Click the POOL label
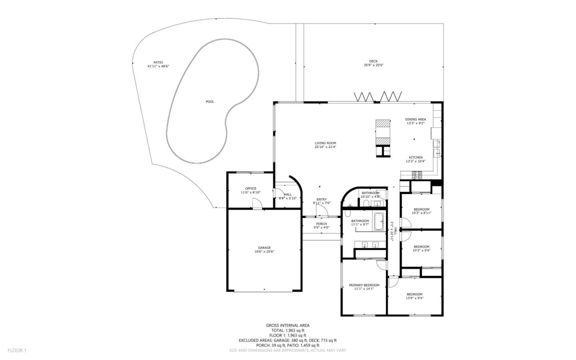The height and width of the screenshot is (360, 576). (x=210, y=102)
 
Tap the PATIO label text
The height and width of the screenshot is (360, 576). (x=158, y=62)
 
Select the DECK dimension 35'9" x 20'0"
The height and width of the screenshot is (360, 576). (x=373, y=65)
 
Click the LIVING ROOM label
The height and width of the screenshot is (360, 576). (x=325, y=143)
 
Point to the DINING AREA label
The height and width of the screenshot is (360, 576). (x=415, y=119)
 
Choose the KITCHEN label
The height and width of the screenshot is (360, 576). (x=415, y=157)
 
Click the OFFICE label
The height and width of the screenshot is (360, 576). (x=250, y=188)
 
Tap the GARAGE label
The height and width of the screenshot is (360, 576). (x=264, y=248)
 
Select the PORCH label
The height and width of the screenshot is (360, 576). (x=321, y=224)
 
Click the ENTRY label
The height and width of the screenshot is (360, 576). (x=322, y=199)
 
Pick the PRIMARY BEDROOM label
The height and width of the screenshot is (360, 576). (x=364, y=285)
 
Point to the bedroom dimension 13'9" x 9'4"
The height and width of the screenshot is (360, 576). (x=414, y=298)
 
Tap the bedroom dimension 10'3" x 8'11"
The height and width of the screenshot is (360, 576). (x=421, y=213)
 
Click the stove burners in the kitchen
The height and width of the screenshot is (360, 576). (x=417, y=174)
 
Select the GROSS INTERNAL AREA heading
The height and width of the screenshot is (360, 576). (x=288, y=326)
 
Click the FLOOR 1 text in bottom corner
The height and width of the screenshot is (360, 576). (x=17, y=350)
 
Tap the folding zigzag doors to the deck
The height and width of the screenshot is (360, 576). (x=378, y=97)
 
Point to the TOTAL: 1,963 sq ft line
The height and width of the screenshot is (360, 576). (x=288, y=330)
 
